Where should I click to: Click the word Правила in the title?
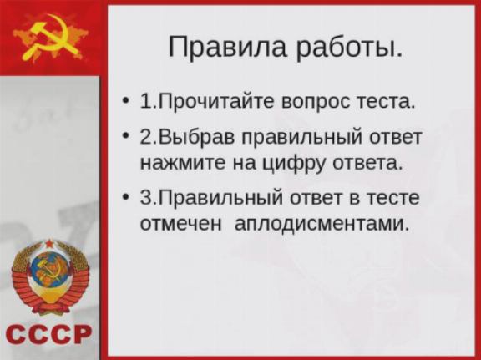click(x=228, y=47)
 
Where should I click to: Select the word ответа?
click(x=367, y=164)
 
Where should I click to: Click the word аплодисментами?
click(x=322, y=225)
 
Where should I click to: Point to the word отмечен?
click(x=180, y=225)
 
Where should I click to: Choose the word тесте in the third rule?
click(x=393, y=199)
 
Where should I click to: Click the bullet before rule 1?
click(x=124, y=101)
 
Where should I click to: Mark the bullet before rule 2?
click(x=124, y=135)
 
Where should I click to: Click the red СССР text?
click(x=48, y=334)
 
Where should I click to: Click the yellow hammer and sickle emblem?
click(x=52, y=38)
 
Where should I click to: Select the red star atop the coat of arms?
click(x=49, y=244)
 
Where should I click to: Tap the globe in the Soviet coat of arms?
click(x=50, y=270)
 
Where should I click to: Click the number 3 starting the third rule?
click(x=145, y=198)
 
